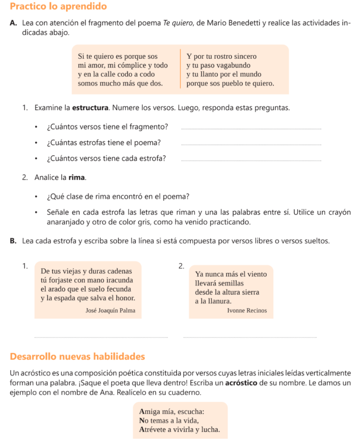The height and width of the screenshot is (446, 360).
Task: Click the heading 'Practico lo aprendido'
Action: click(x=58, y=7)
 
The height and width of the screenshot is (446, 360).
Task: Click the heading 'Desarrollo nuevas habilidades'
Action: click(x=77, y=357)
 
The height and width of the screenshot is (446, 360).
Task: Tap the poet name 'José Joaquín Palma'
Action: click(x=111, y=311)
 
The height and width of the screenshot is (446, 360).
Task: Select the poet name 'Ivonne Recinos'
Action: click(x=247, y=311)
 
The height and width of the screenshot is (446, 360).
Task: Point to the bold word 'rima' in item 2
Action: click(x=77, y=177)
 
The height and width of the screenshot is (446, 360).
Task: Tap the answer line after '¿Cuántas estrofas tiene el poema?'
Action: click(x=251, y=145)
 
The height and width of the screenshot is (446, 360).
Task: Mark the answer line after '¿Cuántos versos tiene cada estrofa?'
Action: click(x=251, y=161)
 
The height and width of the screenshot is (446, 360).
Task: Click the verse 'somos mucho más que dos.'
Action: click(x=121, y=83)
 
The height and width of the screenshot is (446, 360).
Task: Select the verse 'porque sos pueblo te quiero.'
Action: click(x=230, y=83)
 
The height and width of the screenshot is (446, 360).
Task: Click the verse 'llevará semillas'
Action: click(x=216, y=283)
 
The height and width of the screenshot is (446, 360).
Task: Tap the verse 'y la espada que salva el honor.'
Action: click(x=87, y=298)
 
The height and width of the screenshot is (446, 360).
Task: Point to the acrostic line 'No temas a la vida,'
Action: click(x=169, y=420)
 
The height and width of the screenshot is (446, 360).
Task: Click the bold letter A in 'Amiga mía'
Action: click(x=142, y=411)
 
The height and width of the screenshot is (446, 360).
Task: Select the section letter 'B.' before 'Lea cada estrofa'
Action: click(x=13, y=241)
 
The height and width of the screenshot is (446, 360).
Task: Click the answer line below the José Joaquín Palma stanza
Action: click(x=101, y=336)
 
